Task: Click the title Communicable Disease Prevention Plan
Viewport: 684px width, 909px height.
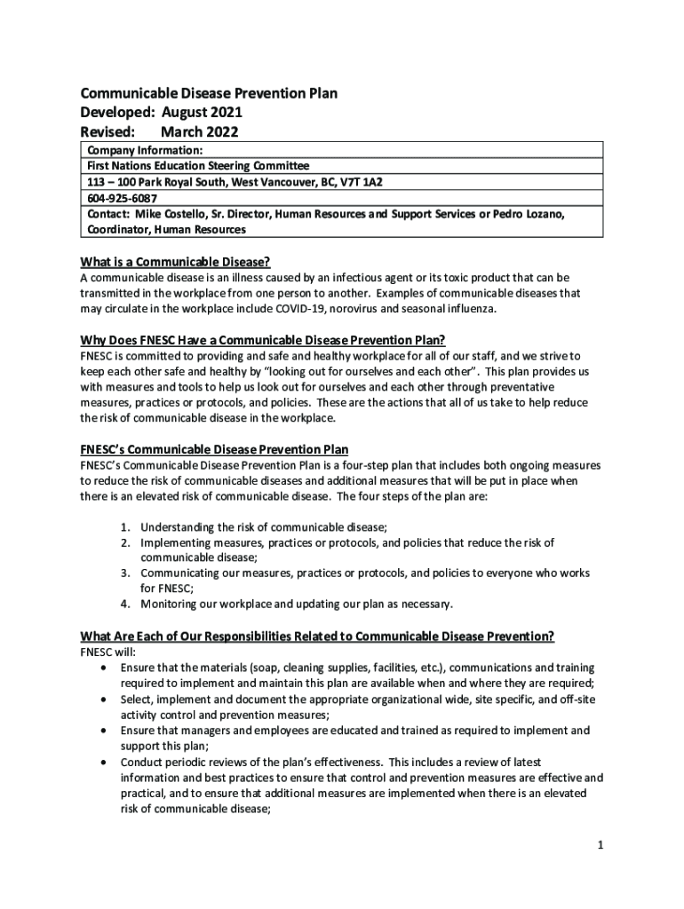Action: [x=209, y=93]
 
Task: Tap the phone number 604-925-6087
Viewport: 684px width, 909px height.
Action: [x=121, y=198]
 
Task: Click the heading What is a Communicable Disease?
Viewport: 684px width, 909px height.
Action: [x=175, y=262]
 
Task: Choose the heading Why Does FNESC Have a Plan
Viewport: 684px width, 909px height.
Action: [x=263, y=341]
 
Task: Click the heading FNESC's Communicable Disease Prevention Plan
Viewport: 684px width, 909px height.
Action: [x=220, y=450]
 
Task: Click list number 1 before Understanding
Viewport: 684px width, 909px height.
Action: [x=127, y=526]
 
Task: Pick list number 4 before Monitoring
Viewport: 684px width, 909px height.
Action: [x=127, y=605]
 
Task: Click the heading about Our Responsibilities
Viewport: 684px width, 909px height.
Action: [x=318, y=636]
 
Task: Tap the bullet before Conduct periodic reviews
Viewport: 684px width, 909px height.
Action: [x=107, y=762]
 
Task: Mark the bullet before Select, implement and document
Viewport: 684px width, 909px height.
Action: [x=107, y=700]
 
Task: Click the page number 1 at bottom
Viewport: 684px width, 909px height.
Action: [x=600, y=844]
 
